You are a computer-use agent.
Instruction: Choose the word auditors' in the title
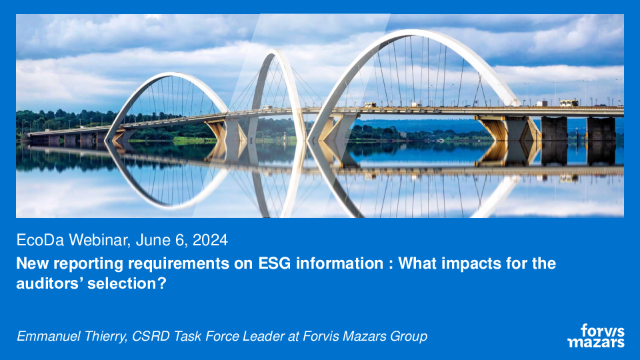[48, 283]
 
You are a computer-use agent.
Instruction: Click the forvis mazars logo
[596, 335]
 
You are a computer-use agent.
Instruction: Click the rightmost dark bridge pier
[601, 129]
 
